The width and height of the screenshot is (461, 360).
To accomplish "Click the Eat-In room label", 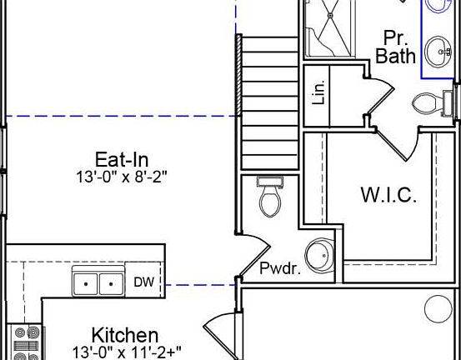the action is (122, 159).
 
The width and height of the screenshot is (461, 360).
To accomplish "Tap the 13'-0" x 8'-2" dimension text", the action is (122, 177).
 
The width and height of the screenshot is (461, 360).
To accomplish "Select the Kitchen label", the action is (125, 335).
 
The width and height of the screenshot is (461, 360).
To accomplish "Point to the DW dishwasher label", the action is (143, 282).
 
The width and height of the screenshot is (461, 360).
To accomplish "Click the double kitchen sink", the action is (98, 281).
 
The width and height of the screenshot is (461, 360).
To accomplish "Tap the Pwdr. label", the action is (280, 268).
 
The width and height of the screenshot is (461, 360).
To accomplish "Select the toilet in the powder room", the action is (270, 197).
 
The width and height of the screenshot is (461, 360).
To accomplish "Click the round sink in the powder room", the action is (319, 255).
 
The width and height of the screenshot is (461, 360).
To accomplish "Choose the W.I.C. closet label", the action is (388, 195).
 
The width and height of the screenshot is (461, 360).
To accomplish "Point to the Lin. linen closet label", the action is (319, 92).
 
